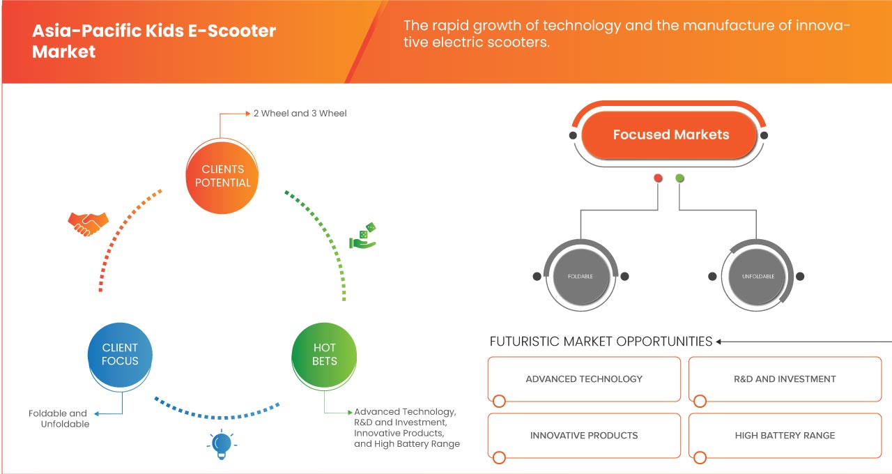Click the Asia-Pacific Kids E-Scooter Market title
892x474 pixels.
point(154,41)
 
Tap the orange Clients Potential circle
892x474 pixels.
point(223,176)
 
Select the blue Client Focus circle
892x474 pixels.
point(120,354)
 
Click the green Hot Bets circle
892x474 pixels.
point(325,354)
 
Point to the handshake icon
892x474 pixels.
point(88,223)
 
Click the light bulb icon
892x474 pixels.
point(221,443)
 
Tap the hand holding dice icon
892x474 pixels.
point(363,236)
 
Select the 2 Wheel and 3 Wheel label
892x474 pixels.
point(300,113)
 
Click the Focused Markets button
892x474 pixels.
point(670,135)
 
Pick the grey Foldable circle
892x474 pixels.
point(580,277)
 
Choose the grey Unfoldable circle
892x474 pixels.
point(756,277)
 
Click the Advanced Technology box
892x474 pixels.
point(584,379)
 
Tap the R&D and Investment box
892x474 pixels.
point(785,379)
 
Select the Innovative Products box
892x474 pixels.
point(584,436)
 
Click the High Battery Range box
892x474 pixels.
point(785,436)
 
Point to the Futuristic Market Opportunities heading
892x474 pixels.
point(601,342)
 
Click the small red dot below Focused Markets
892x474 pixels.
point(658,178)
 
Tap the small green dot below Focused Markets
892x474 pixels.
point(679,178)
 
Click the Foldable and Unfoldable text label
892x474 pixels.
point(59,418)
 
